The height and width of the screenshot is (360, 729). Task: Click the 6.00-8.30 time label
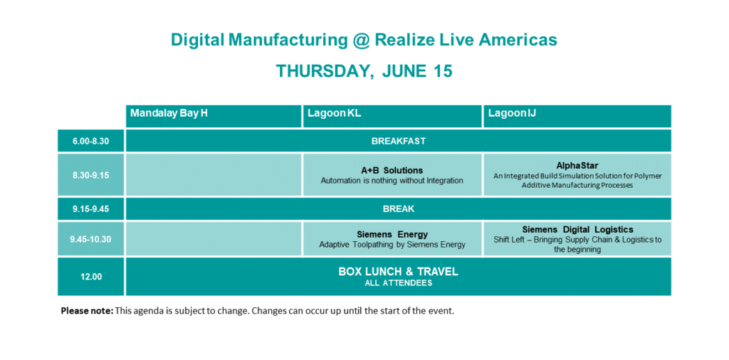[x=90, y=141]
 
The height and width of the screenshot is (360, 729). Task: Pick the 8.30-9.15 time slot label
[x=90, y=175]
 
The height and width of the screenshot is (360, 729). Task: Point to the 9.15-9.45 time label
[x=90, y=209]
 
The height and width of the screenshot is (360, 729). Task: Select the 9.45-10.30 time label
[x=90, y=239]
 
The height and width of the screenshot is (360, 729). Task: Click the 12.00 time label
[x=90, y=277]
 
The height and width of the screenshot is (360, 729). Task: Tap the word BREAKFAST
[x=399, y=141]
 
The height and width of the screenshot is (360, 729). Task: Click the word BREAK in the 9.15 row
[x=399, y=209]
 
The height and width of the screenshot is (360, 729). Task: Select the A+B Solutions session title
[x=392, y=171]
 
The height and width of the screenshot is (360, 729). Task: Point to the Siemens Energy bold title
[x=392, y=234]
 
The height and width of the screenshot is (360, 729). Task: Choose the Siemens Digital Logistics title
[x=577, y=230]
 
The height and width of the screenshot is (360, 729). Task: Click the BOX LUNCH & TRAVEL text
[x=399, y=272]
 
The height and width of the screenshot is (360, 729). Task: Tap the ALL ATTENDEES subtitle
[x=399, y=283]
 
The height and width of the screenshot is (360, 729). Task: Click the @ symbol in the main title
[x=360, y=41]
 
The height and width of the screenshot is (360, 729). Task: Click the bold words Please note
[x=87, y=311]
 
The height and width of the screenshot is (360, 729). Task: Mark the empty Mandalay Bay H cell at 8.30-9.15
[x=214, y=174]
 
